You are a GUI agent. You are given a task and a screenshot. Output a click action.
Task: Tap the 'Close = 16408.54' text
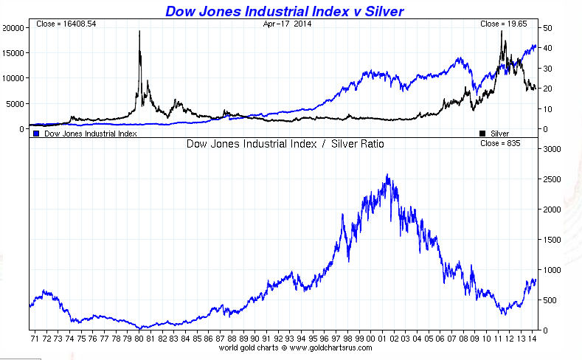(66, 24)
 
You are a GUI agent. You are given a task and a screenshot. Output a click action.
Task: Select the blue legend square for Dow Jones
(35, 134)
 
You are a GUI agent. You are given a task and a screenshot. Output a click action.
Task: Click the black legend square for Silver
(482, 134)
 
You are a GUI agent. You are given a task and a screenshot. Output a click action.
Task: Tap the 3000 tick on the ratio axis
(552, 148)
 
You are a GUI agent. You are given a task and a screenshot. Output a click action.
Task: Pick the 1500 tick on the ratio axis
(552, 239)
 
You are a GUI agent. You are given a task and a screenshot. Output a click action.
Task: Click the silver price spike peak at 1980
(139, 32)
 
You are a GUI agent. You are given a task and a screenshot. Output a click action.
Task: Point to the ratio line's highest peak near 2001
(388, 176)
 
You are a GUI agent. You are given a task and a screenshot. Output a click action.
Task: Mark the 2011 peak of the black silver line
(503, 32)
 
